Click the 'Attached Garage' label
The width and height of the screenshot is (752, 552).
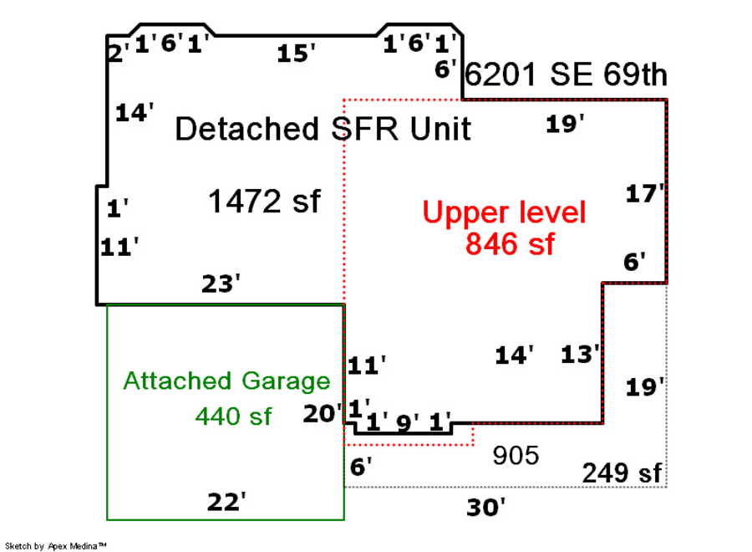coord(226,381)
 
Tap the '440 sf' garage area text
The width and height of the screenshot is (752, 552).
coord(233,416)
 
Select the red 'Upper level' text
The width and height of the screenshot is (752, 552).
coord(504,212)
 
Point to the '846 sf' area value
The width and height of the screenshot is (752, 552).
coord(510,244)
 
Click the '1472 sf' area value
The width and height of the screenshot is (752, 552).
coord(263,202)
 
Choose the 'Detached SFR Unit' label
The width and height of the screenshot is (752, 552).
coord(323,129)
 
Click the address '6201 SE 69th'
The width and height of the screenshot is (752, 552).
coord(566,74)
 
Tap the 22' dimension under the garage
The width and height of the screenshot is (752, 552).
coord(226,503)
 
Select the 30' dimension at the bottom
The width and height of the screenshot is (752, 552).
coord(485,507)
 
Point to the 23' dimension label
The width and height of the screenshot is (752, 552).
coord(221,284)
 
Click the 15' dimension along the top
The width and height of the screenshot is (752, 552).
coord(296,54)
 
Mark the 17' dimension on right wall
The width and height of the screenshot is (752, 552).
coord(645,193)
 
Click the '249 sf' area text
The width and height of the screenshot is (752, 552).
coord(622,473)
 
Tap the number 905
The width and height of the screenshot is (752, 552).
coord(516,456)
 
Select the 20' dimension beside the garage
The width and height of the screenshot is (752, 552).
coord(323,413)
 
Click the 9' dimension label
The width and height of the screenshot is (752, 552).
coord(407,423)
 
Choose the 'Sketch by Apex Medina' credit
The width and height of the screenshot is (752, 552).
coord(56,546)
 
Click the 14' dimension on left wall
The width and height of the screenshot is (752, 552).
coord(135,112)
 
